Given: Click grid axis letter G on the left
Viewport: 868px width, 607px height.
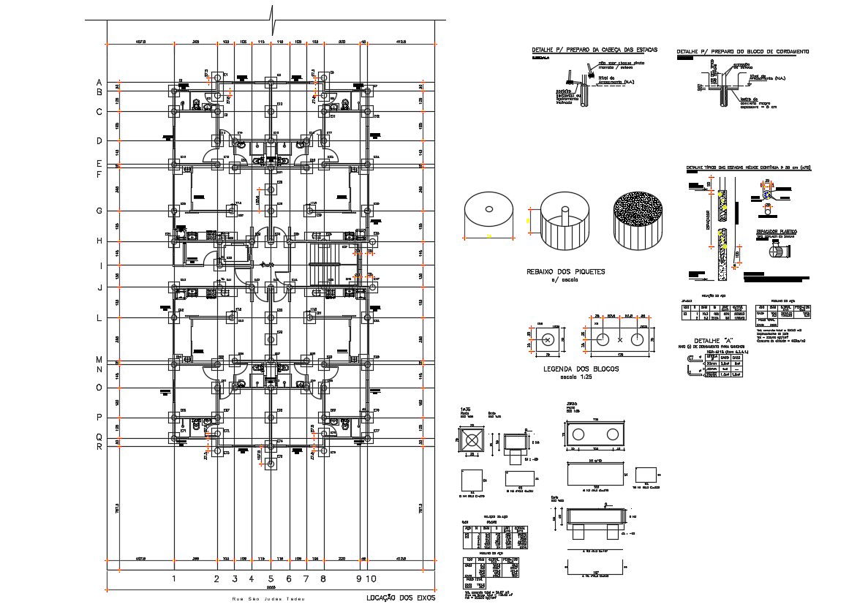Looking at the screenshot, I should [99, 211].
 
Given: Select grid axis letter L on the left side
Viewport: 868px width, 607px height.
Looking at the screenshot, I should [99, 318].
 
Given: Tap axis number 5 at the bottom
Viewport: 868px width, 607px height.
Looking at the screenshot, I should [270, 579].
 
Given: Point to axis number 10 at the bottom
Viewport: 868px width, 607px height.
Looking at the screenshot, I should [371, 579].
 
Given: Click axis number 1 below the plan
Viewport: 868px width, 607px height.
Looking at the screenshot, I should [174, 579].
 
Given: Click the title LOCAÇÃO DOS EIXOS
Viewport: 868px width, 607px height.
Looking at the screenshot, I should [400, 597].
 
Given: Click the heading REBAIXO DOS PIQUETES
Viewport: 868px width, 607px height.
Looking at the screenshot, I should [566, 271].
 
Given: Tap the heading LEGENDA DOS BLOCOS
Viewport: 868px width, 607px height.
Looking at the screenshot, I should [581, 369].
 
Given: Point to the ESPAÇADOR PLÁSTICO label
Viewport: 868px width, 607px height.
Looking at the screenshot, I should [776, 231].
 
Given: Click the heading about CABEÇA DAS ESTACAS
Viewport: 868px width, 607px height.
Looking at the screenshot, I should [595, 50].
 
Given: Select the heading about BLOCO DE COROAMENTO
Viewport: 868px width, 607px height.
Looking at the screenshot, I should [742, 52].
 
